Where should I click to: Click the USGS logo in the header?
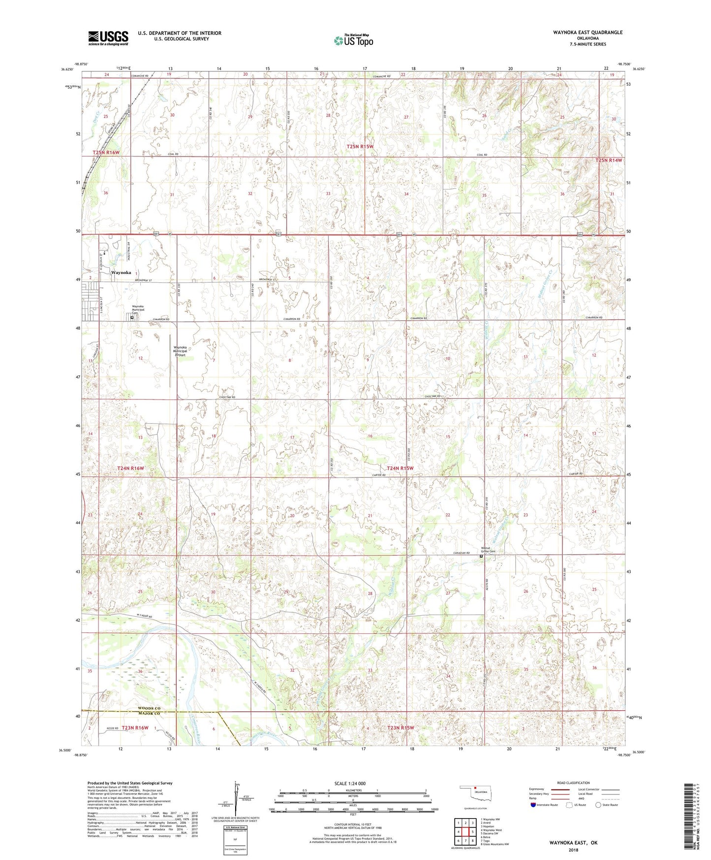[108, 38]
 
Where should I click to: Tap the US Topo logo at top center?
[353, 40]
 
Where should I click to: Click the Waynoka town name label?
[121, 272]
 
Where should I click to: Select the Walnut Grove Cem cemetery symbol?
[481, 556]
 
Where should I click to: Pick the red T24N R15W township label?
[400, 468]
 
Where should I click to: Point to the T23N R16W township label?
[135, 728]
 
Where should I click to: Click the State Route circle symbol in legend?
[598, 805]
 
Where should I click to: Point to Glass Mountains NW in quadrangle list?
[495, 844]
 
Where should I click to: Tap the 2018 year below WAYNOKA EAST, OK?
[573, 850]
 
